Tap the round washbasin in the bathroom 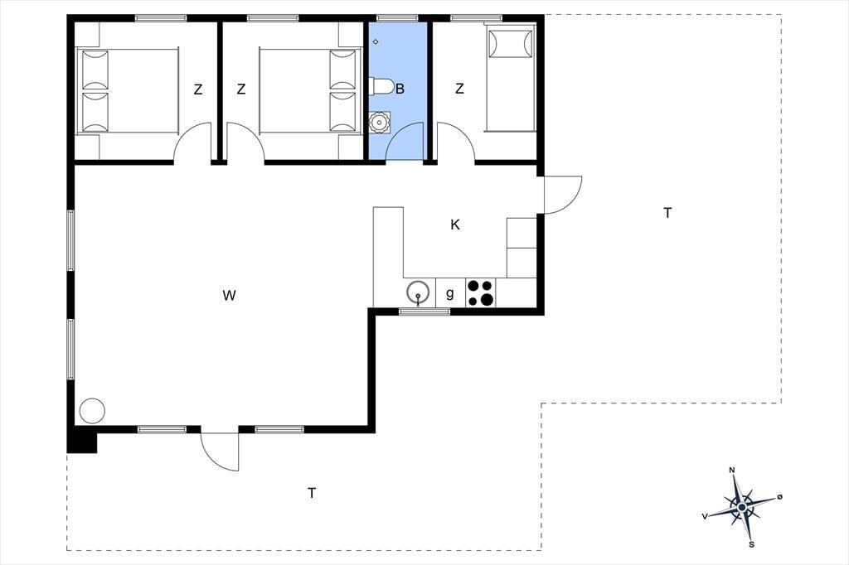(380, 123)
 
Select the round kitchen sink (419, 292)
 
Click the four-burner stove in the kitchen (481, 292)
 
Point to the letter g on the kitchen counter (450, 293)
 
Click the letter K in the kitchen (455, 225)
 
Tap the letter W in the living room (229, 296)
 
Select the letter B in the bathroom (400, 89)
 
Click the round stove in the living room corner (92, 411)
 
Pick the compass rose (741, 506)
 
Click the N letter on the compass (733, 470)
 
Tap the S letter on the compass (751, 544)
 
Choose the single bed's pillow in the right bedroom (511, 43)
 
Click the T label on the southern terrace (312, 493)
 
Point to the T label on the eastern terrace (667, 213)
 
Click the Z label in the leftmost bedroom (198, 89)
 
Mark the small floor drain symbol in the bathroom (376, 41)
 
